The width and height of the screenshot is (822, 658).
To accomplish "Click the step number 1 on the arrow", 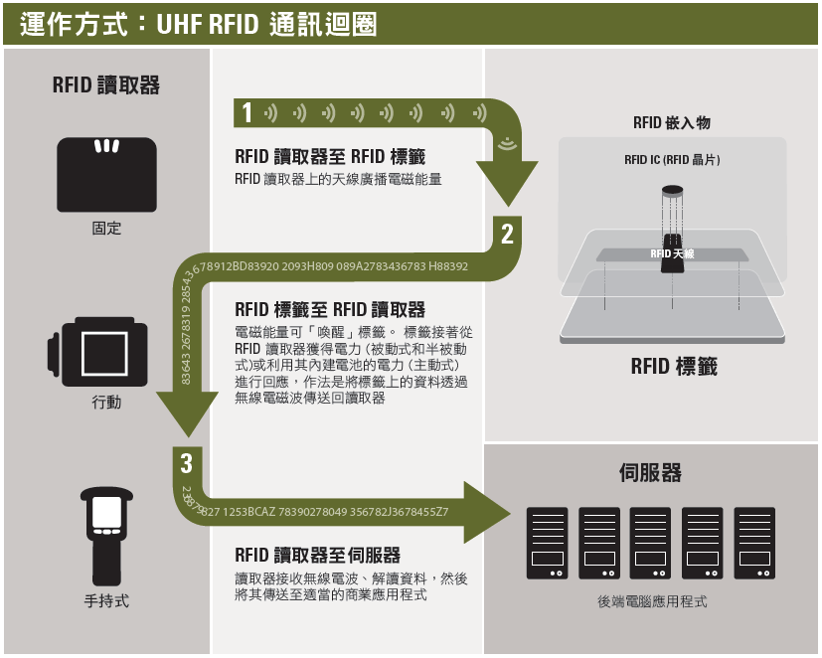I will (247, 113).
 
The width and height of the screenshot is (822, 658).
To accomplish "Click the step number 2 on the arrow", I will (507, 235).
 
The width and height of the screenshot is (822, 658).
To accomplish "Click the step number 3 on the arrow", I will (187, 462).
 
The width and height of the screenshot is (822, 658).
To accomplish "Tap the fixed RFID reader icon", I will (106, 174).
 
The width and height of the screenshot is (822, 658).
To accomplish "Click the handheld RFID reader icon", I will (106, 536).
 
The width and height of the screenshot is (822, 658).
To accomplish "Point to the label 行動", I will (106, 403).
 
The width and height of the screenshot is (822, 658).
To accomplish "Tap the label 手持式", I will (106, 601).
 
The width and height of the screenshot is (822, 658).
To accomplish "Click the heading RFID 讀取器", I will (106, 85).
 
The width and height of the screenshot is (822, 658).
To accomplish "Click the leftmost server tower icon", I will (547, 543).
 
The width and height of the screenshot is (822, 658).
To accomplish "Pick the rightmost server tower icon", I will (754, 543).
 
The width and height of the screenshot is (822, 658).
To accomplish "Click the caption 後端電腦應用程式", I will (652, 602).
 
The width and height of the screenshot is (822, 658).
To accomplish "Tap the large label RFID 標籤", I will (673, 367).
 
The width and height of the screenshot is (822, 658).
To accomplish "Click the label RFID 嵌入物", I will (672, 123).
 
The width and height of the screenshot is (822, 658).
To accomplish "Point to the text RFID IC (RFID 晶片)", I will (672, 159).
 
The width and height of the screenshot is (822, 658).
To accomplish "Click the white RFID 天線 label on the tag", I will (673, 254).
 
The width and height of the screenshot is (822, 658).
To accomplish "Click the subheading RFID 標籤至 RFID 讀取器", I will (329, 310).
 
